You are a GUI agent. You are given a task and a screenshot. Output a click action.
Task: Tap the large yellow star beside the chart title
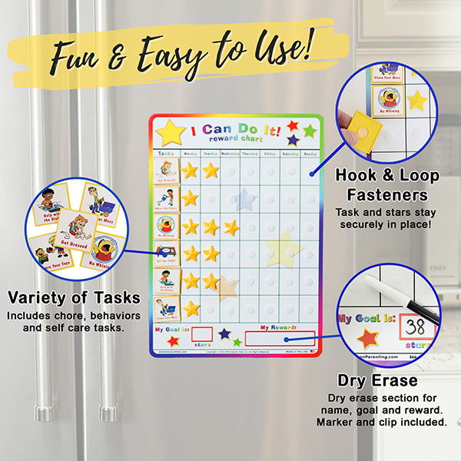pos(170,132)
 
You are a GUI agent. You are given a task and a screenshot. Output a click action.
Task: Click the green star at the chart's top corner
pos(309,131)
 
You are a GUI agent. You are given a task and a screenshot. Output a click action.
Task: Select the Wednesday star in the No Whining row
pos(231,227)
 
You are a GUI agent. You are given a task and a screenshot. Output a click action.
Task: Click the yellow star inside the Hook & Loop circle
pos(417,100)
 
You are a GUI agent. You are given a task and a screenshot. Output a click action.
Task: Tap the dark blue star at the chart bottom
pos(224,334)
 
